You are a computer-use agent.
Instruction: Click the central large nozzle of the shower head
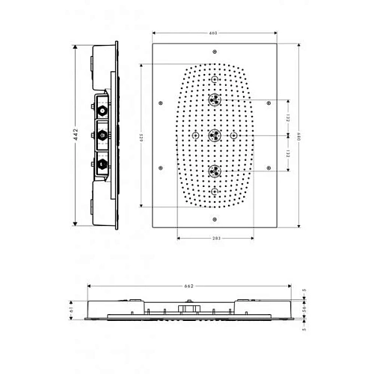tap(215, 135)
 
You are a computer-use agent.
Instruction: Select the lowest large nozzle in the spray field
tap(215, 171)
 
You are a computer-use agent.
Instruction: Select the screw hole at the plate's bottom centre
tap(215, 219)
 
